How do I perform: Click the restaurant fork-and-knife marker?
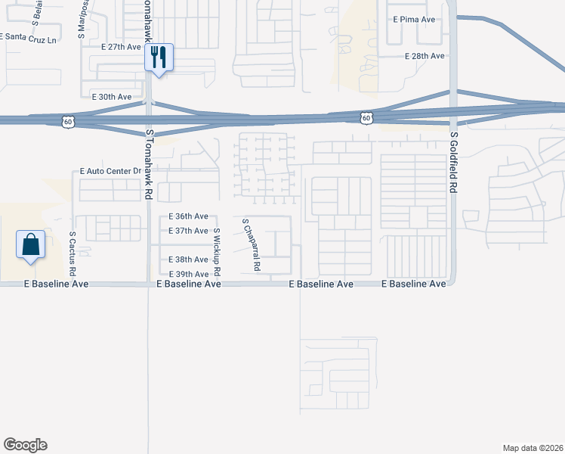(159, 58)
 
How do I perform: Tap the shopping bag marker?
(30, 244)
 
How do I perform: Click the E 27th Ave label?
(121, 47)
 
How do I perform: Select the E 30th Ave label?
(111, 97)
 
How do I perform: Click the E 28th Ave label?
(425, 56)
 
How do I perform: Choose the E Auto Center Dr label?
(110, 173)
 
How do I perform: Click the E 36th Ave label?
(188, 216)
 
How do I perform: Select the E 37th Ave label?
(188, 231)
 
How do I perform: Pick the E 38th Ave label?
(188, 260)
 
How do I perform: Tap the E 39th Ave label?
(188, 274)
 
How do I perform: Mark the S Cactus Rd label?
(73, 253)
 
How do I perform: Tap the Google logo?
(25, 445)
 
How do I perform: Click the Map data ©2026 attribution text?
(533, 447)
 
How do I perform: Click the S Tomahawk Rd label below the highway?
(150, 164)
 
